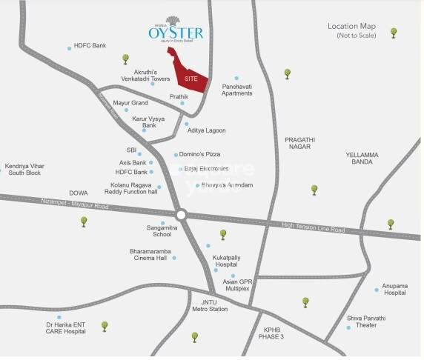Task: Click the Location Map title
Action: point(354,27)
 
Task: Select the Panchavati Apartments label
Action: point(236,90)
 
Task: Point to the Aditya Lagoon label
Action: point(207,130)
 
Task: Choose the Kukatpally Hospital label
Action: point(225,261)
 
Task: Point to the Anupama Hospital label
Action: point(394,290)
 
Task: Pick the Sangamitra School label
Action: point(162,230)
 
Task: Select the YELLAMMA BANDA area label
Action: point(362,159)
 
